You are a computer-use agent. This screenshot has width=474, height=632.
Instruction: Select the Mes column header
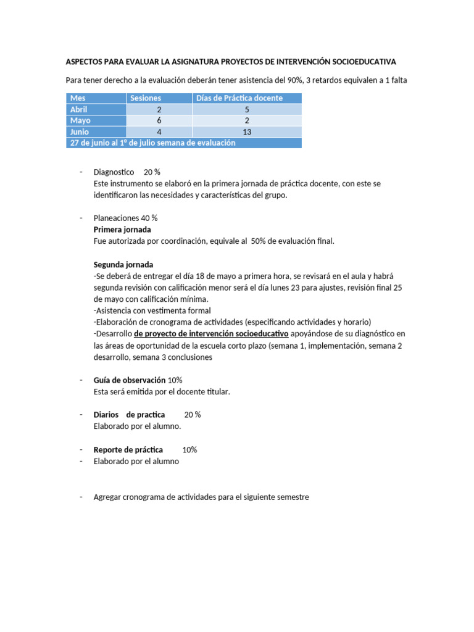[78, 98]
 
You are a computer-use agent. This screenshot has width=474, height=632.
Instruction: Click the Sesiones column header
[145, 98]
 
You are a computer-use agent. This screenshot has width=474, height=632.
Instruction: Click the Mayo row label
[81, 120]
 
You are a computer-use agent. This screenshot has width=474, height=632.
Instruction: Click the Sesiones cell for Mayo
[159, 120]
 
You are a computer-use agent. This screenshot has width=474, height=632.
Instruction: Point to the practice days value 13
[247, 131]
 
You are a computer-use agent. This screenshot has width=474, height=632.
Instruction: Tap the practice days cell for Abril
[247, 109]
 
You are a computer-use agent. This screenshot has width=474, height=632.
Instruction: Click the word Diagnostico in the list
[114, 172]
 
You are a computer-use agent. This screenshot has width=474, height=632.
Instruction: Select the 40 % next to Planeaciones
[149, 218]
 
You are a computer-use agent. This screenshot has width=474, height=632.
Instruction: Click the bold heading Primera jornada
[122, 230]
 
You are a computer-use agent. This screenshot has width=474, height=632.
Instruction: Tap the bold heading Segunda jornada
[123, 264]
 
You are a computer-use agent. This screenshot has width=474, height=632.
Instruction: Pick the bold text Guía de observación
[130, 380]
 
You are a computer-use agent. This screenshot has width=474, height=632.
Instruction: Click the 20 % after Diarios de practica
[193, 415]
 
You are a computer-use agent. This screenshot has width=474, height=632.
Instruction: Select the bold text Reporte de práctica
[128, 450]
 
